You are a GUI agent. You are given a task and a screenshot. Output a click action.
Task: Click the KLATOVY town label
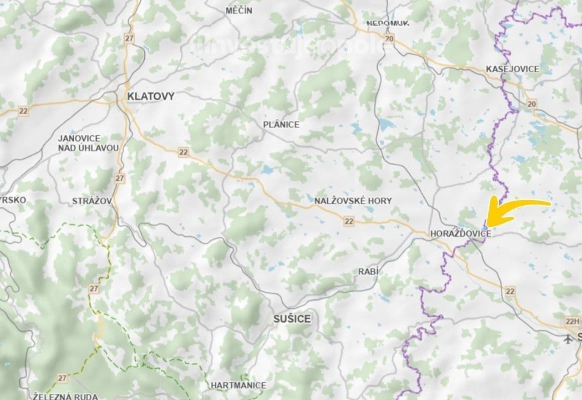tap(151, 96)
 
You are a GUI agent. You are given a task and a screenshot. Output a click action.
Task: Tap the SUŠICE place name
tap(292, 318)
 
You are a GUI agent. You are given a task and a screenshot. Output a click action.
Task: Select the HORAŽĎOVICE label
tap(460, 233)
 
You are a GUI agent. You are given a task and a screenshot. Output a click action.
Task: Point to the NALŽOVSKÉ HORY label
tap(353, 200)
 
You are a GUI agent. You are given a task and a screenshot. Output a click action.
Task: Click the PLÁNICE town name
tap(281, 124)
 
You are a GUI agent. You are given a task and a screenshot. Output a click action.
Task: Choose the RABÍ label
tap(368, 271)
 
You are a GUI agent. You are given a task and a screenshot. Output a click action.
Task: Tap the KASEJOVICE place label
tap(512, 69)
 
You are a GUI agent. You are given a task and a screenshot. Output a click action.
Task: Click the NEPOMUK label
tap(388, 23)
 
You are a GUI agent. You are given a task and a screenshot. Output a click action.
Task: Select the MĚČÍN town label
tap(239, 10)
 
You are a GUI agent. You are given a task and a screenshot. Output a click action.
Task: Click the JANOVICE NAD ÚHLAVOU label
tap(88, 143)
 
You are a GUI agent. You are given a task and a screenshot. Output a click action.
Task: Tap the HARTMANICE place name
tap(238, 385)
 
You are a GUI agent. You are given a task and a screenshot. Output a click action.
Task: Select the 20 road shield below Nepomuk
tap(390, 39)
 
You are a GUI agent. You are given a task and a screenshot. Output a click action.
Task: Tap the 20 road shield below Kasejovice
tap(532, 104)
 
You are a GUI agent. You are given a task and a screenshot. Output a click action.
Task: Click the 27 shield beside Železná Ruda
tap(62, 378)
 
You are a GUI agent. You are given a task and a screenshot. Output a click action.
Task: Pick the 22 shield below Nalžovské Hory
tap(349, 221)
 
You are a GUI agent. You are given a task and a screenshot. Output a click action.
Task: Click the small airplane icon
tap(567, 339)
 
